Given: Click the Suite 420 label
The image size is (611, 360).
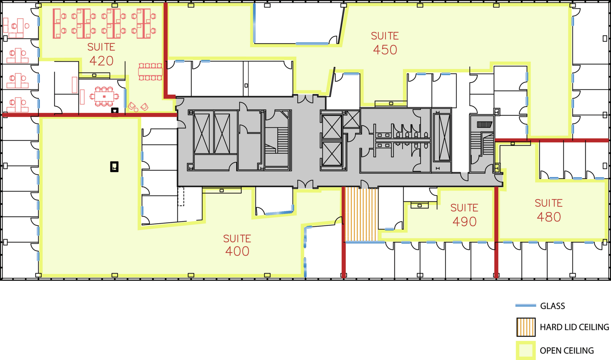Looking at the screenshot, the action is pos(101,54).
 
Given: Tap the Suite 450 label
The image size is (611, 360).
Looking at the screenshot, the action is pos(385,43).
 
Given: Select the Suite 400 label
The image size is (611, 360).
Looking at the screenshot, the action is pos(237,245).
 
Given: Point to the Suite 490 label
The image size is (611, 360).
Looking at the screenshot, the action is pos(464,215).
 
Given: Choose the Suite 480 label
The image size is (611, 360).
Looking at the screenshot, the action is pos(549,210).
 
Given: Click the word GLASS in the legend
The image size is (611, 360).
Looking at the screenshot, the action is pos(553,306).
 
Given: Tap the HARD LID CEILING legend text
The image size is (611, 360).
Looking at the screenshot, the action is pos(574,327).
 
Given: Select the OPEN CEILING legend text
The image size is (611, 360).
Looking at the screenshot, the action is pos(567,350).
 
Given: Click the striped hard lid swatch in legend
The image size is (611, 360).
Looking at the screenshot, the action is pos(526,327).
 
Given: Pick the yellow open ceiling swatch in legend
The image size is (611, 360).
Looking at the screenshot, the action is pos(526,350).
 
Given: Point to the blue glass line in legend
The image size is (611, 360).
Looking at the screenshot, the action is pos(525,306).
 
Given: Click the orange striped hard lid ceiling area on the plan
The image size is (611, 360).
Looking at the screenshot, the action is pos(361,214).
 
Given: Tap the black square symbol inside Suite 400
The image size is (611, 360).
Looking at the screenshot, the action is pos(114,167).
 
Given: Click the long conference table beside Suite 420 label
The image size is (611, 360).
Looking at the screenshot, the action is pos(150,72).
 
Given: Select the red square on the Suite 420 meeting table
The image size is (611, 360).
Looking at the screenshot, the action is pos(104,97).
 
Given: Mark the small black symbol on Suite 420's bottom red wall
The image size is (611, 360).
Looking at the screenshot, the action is pos(115,111).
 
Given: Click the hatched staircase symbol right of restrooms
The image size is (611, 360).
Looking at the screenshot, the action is pos(484,125).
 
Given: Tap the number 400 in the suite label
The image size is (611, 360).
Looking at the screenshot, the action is pos(237,251).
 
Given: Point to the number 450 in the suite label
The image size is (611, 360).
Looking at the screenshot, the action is pos(385,50).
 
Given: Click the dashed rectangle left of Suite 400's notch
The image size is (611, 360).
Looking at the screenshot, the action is pos(181,196).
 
